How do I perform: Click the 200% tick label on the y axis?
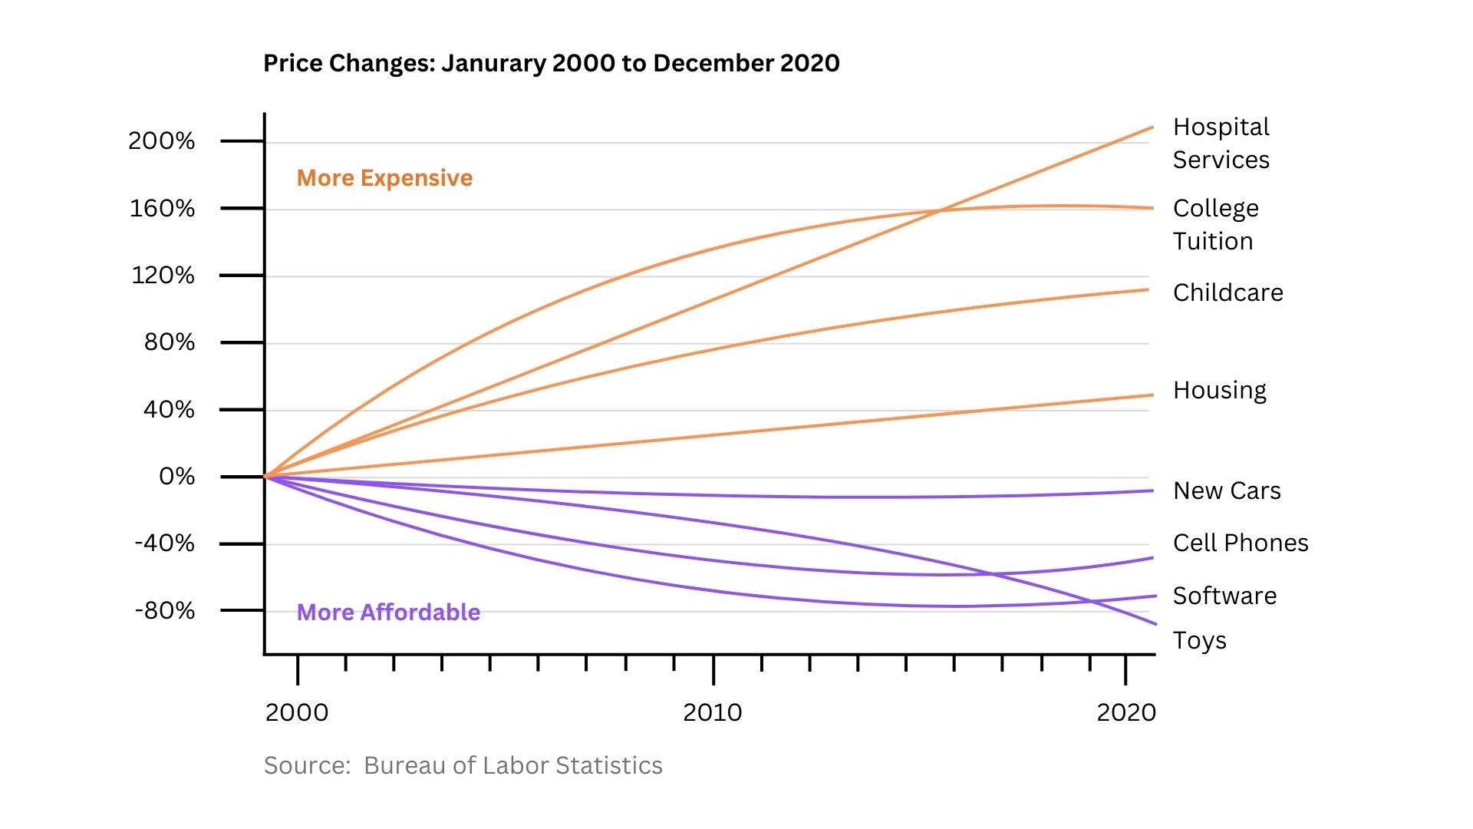tap(162, 141)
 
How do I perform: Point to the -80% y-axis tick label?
tap(165, 611)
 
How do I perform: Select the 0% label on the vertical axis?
tap(177, 477)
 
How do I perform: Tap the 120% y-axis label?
tap(163, 276)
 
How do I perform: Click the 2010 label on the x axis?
tap(713, 713)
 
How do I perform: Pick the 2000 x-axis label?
tap(297, 713)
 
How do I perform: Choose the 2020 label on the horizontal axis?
tap(1126, 713)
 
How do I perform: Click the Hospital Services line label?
tap(1221, 144)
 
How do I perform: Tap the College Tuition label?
tap(1216, 225)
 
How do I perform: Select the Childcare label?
tap(1228, 293)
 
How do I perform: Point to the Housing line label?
tap(1220, 391)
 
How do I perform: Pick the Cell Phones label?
tap(1241, 543)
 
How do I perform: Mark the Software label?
tap(1225, 596)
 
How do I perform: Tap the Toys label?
tap(1200, 641)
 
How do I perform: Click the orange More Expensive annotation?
tap(384, 178)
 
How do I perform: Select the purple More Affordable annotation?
tap(388, 613)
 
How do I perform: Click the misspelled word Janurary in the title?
tap(493, 63)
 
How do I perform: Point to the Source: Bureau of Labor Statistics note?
tap(463, 766)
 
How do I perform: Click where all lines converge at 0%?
tap(265, 477)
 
